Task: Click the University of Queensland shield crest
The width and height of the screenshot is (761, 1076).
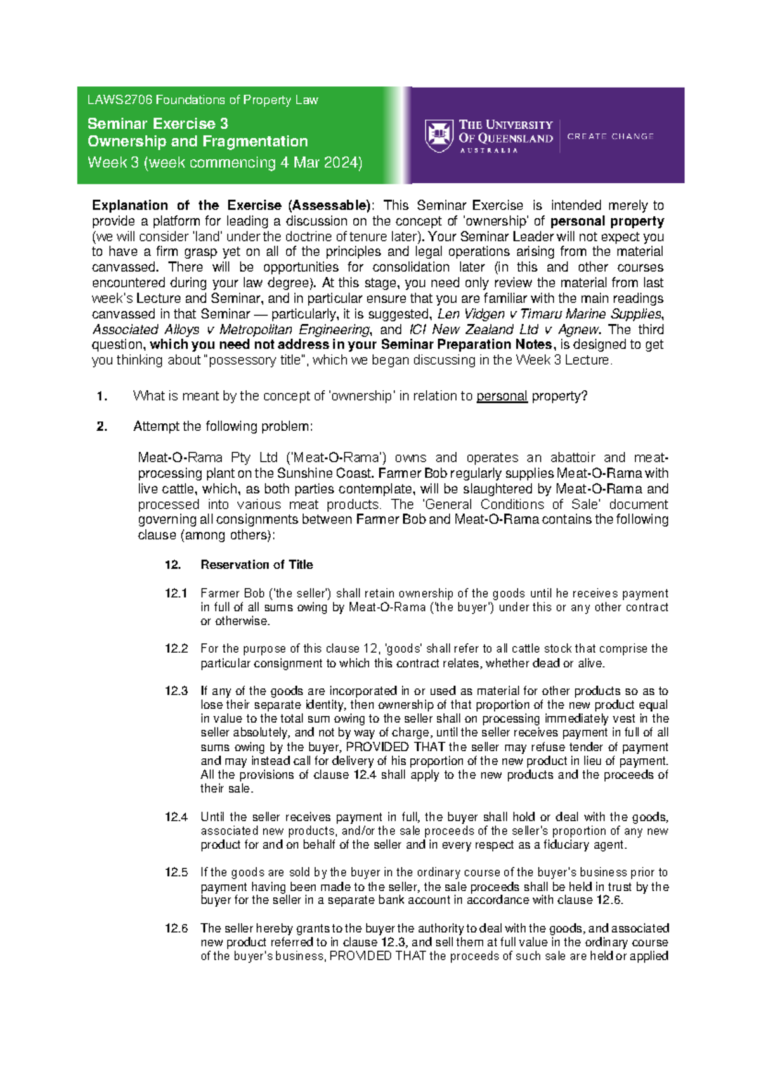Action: click(439, 136)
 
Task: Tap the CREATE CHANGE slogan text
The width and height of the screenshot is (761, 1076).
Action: click(610, 136)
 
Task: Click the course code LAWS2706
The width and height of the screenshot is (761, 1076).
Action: click(120, 100)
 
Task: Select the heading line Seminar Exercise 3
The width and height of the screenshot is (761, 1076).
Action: click(158, 124)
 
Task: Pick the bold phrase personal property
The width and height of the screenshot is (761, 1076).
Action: click(607, 221)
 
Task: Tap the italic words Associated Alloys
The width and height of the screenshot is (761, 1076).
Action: click(125, 329)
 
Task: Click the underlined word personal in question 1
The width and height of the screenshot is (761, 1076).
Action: click(502, 396)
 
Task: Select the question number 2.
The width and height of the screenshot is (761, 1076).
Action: click(101, 426)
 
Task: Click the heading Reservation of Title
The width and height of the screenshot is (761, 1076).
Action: click(256, 565)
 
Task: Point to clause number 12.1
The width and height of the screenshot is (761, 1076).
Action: click(176, 593)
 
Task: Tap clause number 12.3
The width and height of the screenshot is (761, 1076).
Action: click(176, 691)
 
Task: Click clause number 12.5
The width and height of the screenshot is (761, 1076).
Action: click(176, 872)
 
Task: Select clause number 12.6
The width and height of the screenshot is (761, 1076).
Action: click(176, 928)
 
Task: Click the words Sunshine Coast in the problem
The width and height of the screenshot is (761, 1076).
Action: click(335, 473)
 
